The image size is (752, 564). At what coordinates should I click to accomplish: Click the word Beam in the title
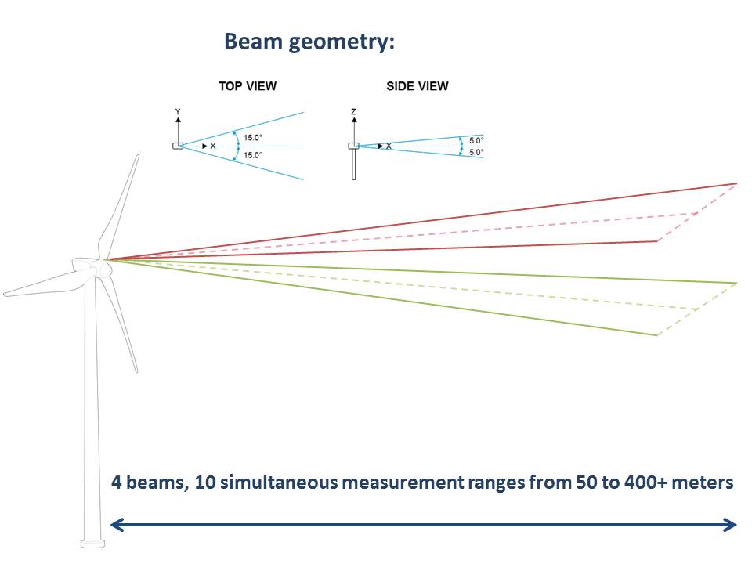click(253, 42)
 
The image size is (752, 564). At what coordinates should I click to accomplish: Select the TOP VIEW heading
click(248, 86)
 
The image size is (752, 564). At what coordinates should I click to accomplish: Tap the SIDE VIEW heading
click(418, 86)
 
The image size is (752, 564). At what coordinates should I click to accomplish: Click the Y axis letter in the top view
click(178, 112)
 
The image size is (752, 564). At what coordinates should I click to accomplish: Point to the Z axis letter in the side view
click(354, 112)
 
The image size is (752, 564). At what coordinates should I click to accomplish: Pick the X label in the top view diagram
click(213, 146)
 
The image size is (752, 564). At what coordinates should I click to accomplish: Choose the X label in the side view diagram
click(389, 146)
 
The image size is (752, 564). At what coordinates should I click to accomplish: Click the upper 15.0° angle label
click(253, 138)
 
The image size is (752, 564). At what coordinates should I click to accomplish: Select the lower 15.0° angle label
click(253, 155)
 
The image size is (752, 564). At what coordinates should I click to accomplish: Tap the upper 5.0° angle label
click(476, 140)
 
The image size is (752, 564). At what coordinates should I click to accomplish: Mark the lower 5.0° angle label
click(476, 152)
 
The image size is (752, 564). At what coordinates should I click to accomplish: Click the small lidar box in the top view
click(178, 146)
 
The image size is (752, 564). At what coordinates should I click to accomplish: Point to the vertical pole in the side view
click(354, 164)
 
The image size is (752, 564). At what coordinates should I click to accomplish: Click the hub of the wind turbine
click(103, 269)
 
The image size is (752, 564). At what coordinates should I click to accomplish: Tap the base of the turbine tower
click(92, 544)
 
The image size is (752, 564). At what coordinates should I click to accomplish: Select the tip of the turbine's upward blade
click(138, 156)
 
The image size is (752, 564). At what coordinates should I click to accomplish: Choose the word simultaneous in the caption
click(279, 482)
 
